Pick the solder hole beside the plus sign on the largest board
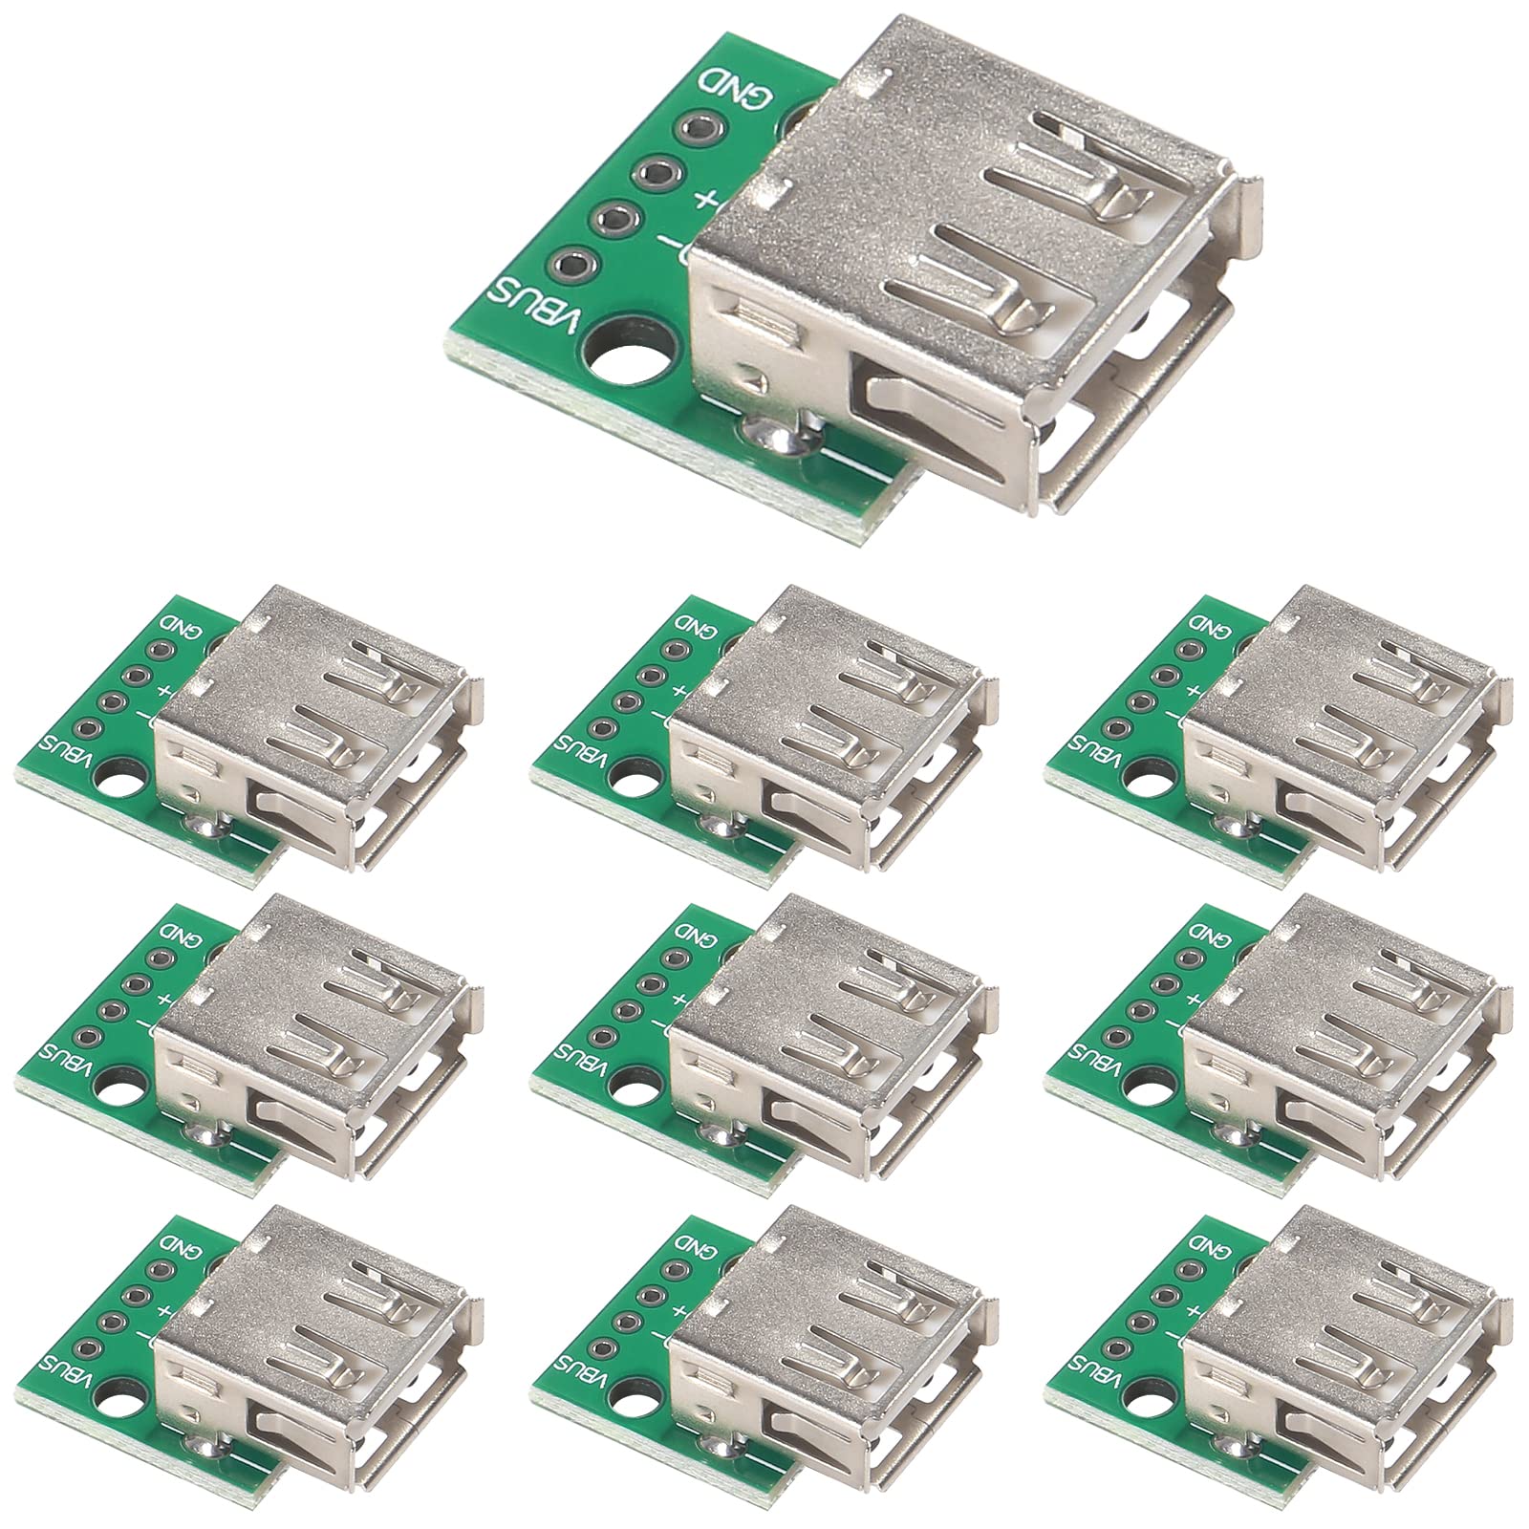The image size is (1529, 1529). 657,174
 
